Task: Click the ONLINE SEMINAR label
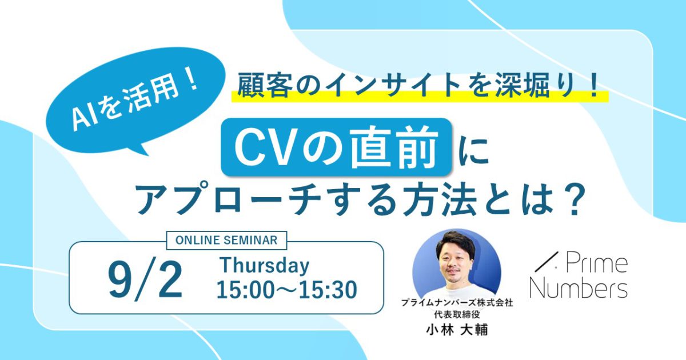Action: (226, 241)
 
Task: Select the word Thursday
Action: (265, 266)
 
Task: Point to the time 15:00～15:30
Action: (287, 289)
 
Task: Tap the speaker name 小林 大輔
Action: (457, 330)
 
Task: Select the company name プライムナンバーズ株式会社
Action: (457, 303)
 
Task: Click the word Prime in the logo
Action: (597, 264)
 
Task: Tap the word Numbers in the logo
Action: (579, 289)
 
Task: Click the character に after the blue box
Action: (473, 150)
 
